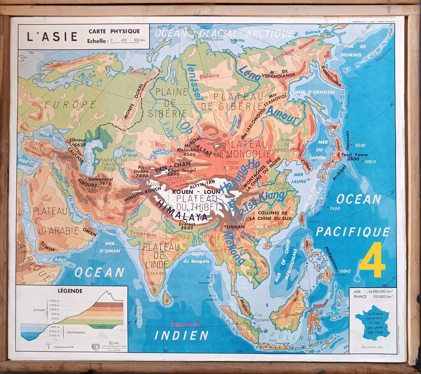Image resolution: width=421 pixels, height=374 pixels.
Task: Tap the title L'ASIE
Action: click(52, 37)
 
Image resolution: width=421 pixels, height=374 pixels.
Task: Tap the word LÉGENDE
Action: click(70, 291)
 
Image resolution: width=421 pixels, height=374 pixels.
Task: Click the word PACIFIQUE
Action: click(353, 232)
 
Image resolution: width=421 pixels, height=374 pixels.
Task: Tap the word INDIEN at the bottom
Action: click(182, 335)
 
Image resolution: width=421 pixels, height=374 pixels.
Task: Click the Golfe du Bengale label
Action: click(200, 257)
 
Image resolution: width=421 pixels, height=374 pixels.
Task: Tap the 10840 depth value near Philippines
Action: click(345, 271)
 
